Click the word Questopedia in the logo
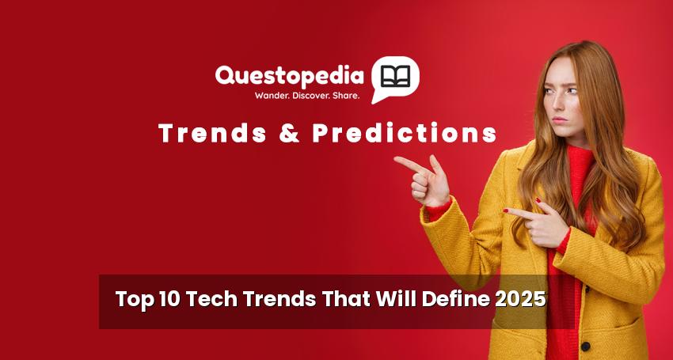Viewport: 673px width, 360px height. click(x=289, y=76)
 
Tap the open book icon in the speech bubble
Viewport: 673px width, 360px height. click(x=395, y=76)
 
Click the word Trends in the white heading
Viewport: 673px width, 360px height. click(x=212, y=133)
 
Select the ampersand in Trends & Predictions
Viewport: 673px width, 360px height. click(x=289, y=133)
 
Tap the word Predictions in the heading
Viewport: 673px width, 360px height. click(x=405, y=133)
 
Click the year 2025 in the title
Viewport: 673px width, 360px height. click(x=520, y=298)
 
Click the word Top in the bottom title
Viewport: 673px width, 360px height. click(x=135, y=300)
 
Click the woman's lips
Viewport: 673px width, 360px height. click(x=559, y=120)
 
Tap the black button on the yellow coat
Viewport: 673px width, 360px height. click(x=585, y=346)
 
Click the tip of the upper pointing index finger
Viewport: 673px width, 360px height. click(x=395, y=159)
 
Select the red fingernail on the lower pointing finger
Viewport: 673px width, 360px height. click(x=506, y=210)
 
